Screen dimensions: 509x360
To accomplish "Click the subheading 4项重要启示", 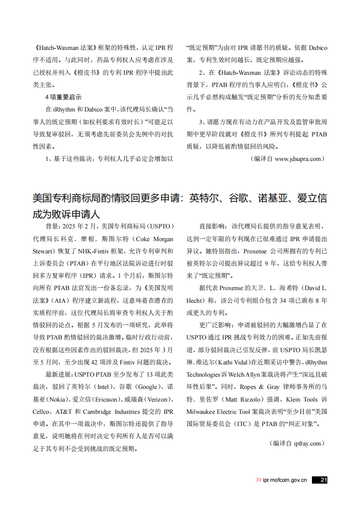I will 63,97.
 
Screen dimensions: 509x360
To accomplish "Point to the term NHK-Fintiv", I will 93,251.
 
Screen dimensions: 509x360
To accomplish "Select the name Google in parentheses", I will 148,387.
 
